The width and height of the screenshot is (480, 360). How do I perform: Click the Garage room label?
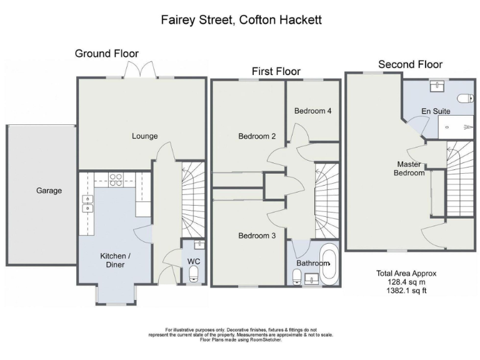[48, 191]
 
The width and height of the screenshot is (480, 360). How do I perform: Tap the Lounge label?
[144, 136]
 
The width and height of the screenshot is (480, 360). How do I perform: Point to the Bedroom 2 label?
[257, 136]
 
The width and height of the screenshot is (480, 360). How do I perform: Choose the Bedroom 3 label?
[257, 236]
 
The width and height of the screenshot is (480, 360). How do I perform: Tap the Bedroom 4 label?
[312, 111]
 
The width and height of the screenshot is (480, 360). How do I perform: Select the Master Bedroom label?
[409, 169]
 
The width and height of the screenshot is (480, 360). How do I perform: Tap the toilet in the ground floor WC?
[193, 272]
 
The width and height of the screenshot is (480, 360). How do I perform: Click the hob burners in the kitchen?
[116, 180]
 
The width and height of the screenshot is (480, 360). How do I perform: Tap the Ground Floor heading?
[107, 54]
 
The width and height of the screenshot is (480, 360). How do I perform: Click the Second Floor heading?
[410, 64]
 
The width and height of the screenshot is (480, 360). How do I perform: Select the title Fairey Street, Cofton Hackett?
[241, 20]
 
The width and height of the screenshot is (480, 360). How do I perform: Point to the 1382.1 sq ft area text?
[406, 291]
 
